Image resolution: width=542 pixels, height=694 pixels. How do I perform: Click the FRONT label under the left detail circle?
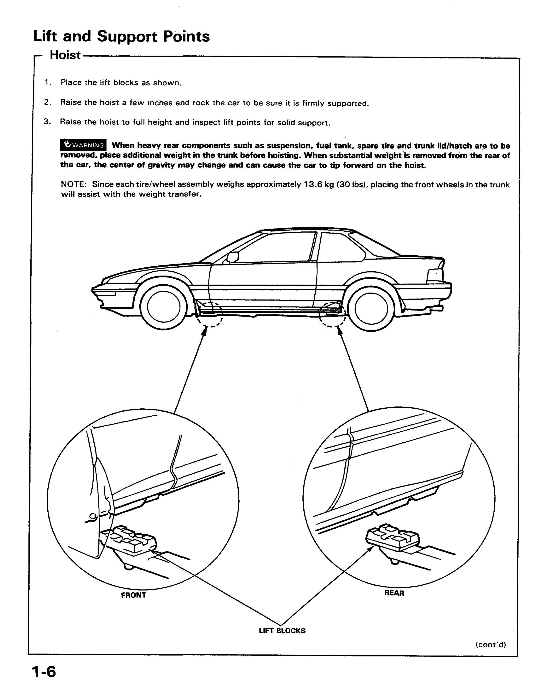click(134, 595)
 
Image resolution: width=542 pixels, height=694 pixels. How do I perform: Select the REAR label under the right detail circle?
click(394, 593)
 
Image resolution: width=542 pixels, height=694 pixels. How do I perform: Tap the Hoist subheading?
click(65, 55)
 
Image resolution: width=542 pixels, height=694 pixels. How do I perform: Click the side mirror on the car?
click(232, 257)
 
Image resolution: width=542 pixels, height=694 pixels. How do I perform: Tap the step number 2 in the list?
click(47, 102)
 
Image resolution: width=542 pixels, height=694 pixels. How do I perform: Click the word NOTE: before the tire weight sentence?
click(74, 184)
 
